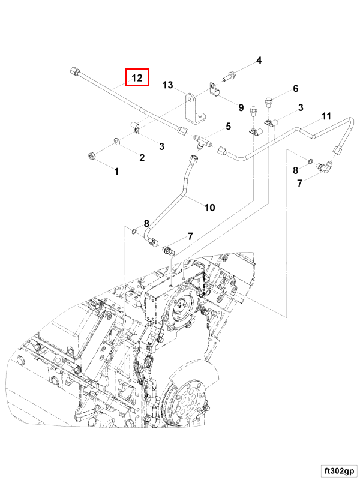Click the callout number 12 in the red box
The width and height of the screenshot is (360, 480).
click(137, 77)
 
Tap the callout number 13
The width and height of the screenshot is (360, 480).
click(167, 85)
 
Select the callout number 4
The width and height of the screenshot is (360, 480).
click(259, 61)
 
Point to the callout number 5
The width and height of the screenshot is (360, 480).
click(228, 126)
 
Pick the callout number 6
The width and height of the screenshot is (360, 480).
click(295, 89)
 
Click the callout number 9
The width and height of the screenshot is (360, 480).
click(241, 108)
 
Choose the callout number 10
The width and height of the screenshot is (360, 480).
click(209, 208)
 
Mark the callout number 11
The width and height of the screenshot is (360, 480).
click(326, 115)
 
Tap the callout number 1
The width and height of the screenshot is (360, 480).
click(116, 172)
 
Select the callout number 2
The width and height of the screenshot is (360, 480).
click(142, 158)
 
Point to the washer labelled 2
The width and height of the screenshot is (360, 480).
click(117, 142)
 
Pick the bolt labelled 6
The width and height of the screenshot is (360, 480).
click(268, 101)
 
